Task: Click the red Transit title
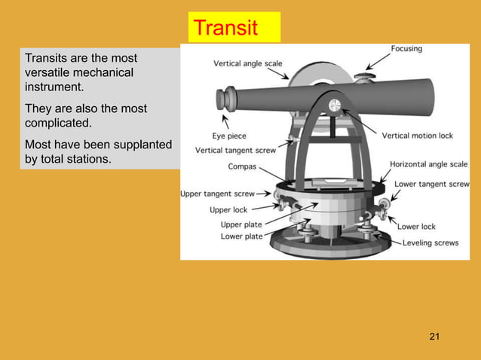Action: click(x=225, y=28)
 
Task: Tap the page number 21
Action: click(x=434, y=336)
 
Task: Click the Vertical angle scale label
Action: click(x=248, y=63)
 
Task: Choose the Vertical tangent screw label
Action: click(x=234, y=150)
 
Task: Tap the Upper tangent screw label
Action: click(x=217, y=194)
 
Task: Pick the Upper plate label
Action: click(x=241, y=224)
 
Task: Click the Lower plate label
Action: click(x=241, y=236)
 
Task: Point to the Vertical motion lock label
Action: click(x=417, y=136)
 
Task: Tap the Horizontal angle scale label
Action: click(x=427, y=163)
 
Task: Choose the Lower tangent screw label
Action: click(x=432, y=184)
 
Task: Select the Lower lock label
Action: click(x=416, y=226)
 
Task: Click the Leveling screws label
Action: click(x=430, y=243)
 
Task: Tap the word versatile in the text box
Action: click(x=47, y=73)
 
